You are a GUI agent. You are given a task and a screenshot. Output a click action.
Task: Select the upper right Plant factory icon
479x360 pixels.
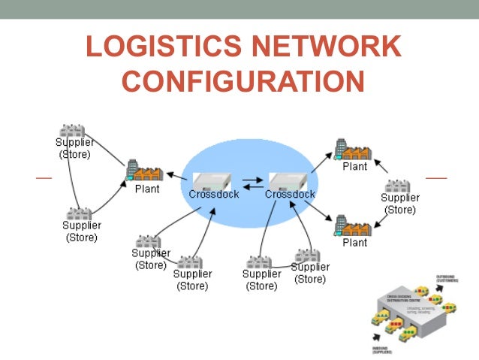point(353,150)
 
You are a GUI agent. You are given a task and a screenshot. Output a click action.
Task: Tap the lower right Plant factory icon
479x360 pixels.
point(353,225)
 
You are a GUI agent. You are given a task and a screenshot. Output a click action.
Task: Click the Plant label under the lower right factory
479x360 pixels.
point(354,243)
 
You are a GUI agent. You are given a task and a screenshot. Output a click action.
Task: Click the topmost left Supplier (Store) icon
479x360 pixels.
point(71,131)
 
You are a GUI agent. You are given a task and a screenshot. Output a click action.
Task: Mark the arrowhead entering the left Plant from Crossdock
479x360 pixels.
point(170,175)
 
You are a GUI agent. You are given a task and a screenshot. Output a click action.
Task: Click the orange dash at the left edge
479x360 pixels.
point(44,178)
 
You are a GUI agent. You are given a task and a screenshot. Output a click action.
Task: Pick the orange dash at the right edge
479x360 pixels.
point(435,178)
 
